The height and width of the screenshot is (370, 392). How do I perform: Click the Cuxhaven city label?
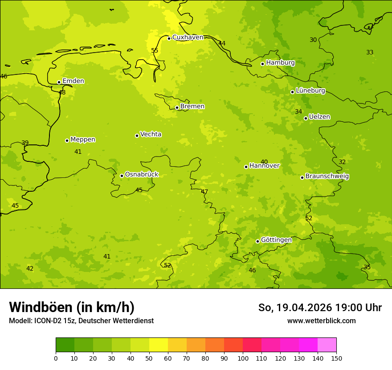(x=188, y=37)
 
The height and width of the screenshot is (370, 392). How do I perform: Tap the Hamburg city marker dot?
(x=263, y=64)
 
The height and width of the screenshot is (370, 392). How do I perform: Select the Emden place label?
(x=73, y=81)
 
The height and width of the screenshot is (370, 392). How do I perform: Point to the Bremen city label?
(x=192, y=107)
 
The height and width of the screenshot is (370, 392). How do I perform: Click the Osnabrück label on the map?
(x=142, y=175)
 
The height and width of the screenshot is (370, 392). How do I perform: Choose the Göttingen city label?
(x=276, y=240)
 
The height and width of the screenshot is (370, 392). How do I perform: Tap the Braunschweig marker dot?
(x=302, y=177)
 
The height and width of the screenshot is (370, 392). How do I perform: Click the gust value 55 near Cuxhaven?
(x=155, y=50)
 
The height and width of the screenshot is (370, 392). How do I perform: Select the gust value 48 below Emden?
(x=62, y=93)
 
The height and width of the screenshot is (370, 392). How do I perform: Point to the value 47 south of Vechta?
(x=204, y=192)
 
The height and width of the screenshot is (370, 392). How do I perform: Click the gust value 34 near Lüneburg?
(x=298, y=112)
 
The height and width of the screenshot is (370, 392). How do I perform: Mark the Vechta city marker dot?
(x=137, y=136)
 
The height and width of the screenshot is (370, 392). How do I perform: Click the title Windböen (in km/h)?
(x=72, y=307)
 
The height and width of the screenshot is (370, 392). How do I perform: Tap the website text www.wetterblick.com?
(x=321, y=321)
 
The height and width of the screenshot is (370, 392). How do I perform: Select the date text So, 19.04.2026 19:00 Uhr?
(x=320, y=308)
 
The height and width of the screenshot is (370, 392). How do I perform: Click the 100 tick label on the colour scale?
(x=243, y=358)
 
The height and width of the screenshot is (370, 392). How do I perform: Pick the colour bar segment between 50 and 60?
(x=159, y=345)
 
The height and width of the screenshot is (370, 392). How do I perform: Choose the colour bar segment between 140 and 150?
(x=327, y=345)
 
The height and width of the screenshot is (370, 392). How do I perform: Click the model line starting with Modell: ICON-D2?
(x=81, y=321)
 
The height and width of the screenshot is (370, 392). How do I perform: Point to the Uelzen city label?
(x=319, y=117)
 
